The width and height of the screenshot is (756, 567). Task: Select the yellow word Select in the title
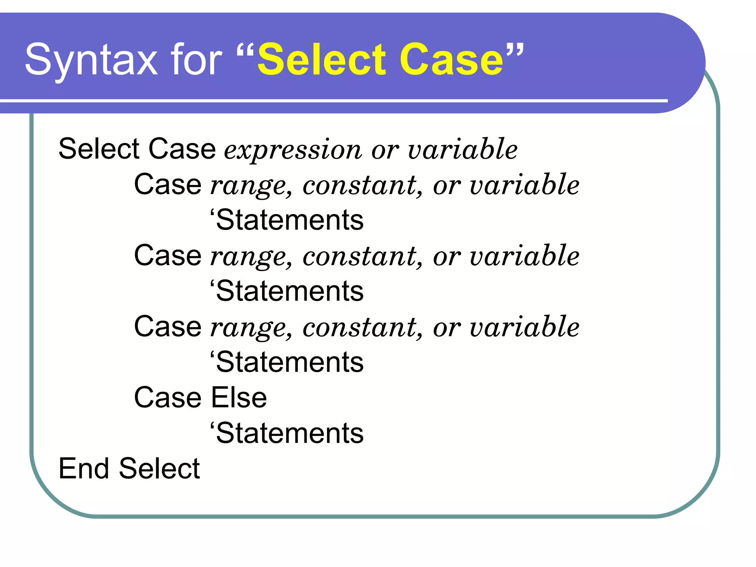coord(322,59)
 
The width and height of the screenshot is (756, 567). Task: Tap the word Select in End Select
coord(159,469)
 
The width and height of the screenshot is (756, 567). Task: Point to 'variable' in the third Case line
coord(525,327)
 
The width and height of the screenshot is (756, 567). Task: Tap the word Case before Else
coord(168,398)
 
